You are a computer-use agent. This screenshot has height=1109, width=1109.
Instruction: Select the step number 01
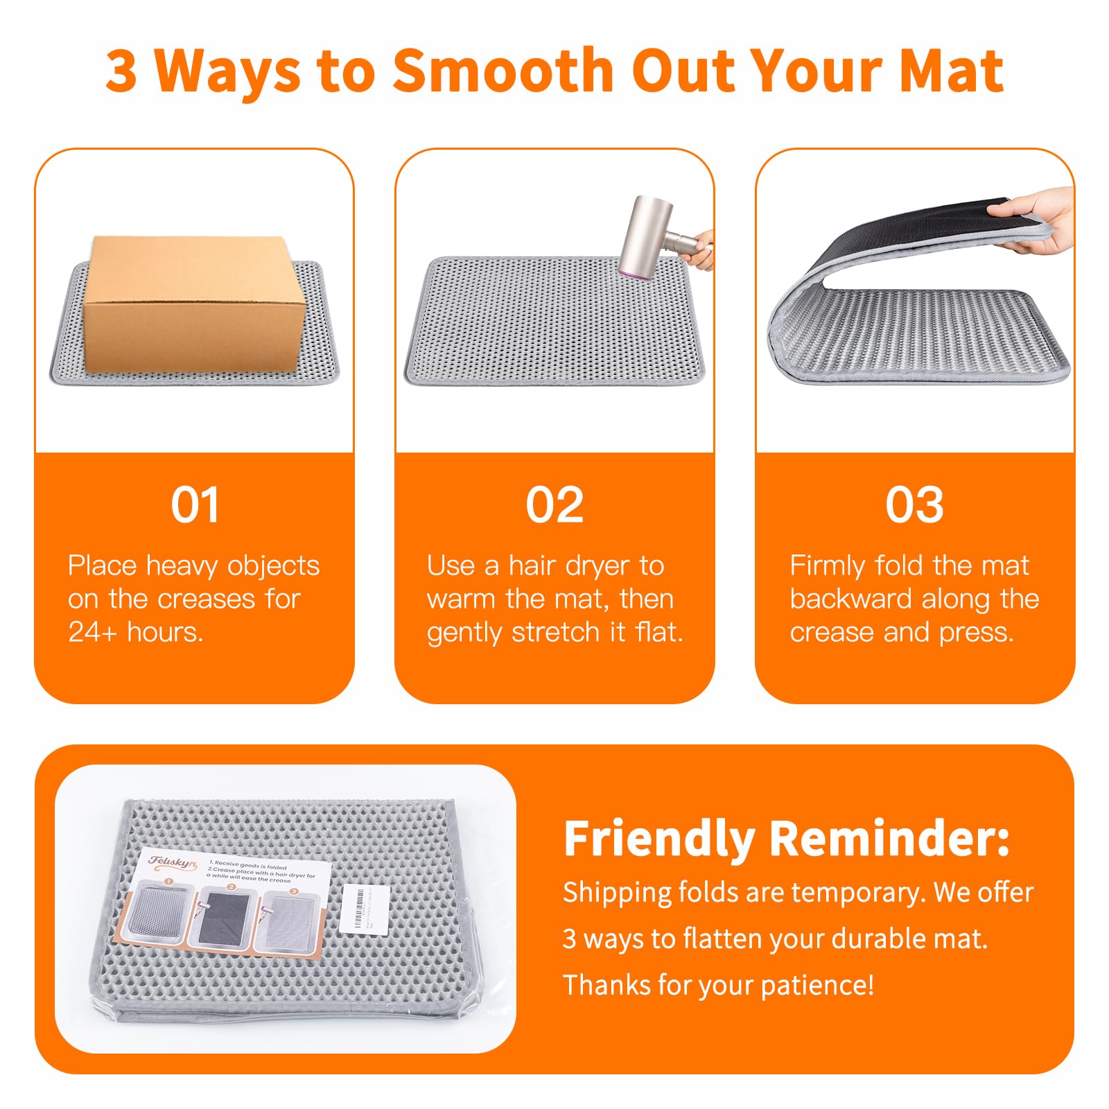coord(195,505)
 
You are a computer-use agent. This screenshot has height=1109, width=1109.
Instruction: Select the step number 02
coord(554,505)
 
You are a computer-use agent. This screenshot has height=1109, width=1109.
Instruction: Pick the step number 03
coord(914,505)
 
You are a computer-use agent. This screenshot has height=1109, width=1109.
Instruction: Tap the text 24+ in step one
coord(92,632)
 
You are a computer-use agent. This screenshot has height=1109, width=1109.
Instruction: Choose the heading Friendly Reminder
coord(786,838)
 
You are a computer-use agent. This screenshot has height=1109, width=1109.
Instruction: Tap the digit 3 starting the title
coord(121,71)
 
